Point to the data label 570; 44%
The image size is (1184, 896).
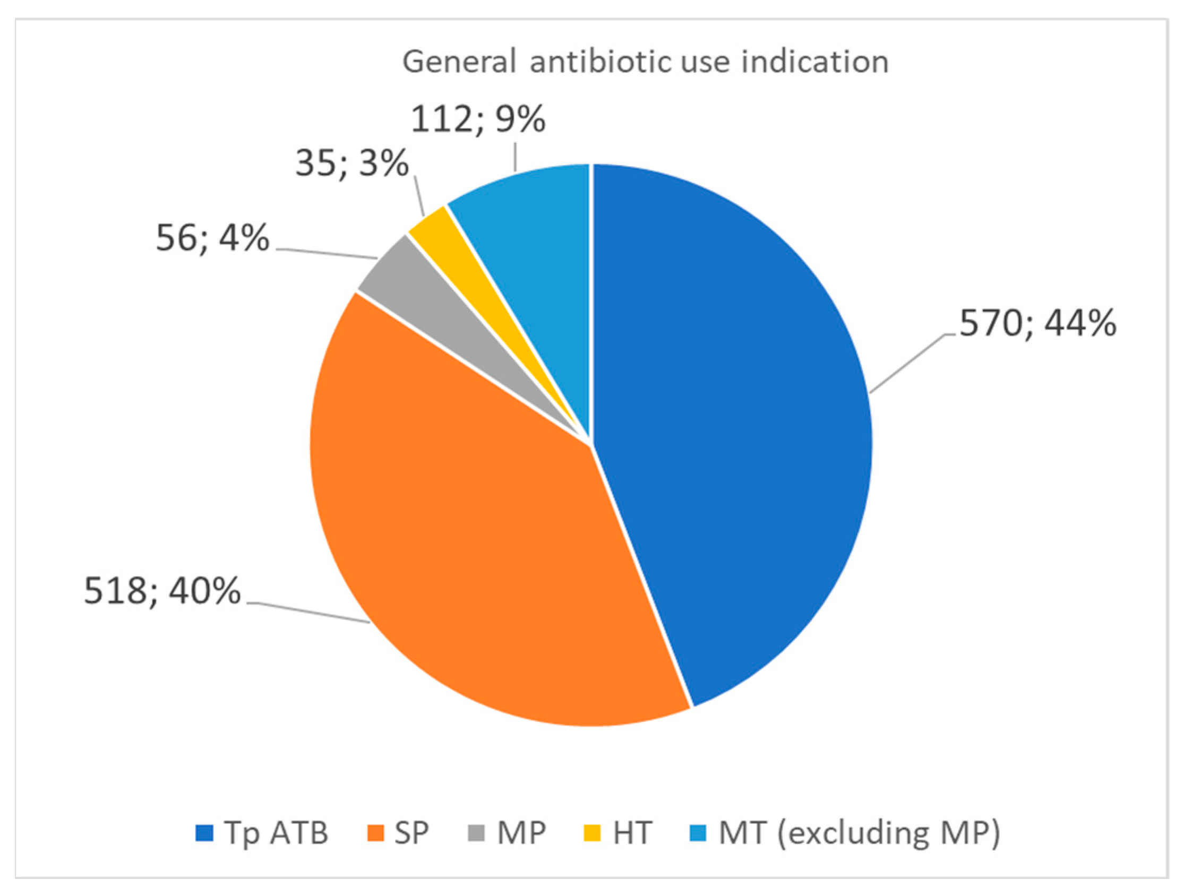coord(1037,324)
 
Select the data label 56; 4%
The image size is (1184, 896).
coord(212,239)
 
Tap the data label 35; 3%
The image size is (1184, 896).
coord(351,164)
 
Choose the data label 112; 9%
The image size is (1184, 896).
coord(477,120)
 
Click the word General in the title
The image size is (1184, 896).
coord(459,62)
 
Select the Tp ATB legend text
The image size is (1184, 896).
coord(276,833)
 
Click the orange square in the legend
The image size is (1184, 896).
coord(376,833)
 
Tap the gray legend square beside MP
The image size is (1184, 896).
coord(476,833)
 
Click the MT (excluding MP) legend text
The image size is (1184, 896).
coord(859,834)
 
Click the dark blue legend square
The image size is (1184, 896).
coord(204,833)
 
